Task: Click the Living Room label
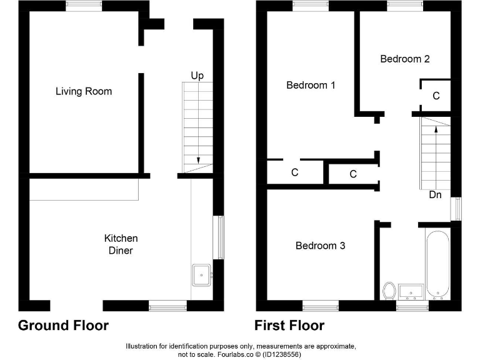click(84, 91)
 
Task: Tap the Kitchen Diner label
click(121, 244)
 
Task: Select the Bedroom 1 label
click(311, 85)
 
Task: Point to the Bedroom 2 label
click(405, 59)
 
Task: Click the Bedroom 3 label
click(320, 246)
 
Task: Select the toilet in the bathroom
click(389, 291)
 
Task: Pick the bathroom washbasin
click(411, 290)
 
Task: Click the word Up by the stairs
click(197, 76)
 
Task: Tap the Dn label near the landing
click(436, 194)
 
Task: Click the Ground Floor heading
click(63, 326)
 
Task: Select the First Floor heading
click(289, 326)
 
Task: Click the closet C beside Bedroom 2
click(436, 96)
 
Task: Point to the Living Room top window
click(84, 6)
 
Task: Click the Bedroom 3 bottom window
click(321, 306)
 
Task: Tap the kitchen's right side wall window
click(218, 237)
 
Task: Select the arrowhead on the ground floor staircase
click(198, 160)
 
